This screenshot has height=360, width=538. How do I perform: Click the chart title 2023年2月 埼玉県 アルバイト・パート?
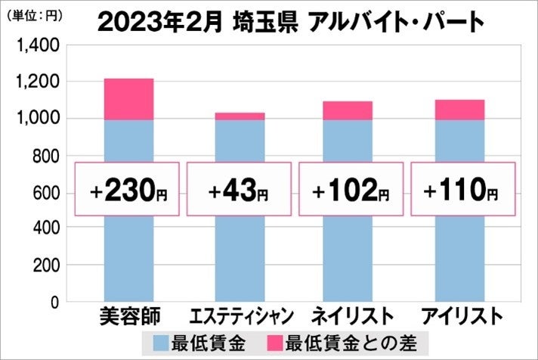(x=290, y=23)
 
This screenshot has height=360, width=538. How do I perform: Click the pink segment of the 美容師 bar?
(x=128, y=99)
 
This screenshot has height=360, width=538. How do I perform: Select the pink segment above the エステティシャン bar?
(x=240, y=116)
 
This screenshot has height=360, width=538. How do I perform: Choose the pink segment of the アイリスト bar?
(x=459, y=110)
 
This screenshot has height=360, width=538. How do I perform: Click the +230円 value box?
(x=127, y=189)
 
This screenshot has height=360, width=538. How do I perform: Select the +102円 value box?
(x=350, y=189)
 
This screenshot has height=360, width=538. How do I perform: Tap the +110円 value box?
(x=462, y=189)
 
